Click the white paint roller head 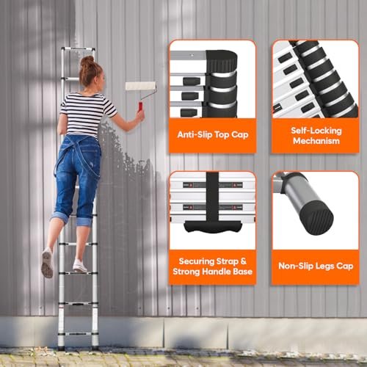click(141, 86)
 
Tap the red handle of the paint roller click(140, 107)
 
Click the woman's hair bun click(87, 60)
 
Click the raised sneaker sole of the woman click(47, 264)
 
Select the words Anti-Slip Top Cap click(213, 134)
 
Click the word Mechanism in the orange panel click(316, 141)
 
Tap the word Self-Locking click(316, 131)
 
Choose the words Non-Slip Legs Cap click(316, 266)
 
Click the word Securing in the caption click(197, 261)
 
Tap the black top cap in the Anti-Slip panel click(222, 61)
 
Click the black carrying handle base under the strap click(212, 227)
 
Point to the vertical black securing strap click(212, 196)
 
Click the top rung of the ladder click(78, 48)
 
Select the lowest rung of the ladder click(78, 333)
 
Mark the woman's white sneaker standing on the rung click(80, 266)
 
